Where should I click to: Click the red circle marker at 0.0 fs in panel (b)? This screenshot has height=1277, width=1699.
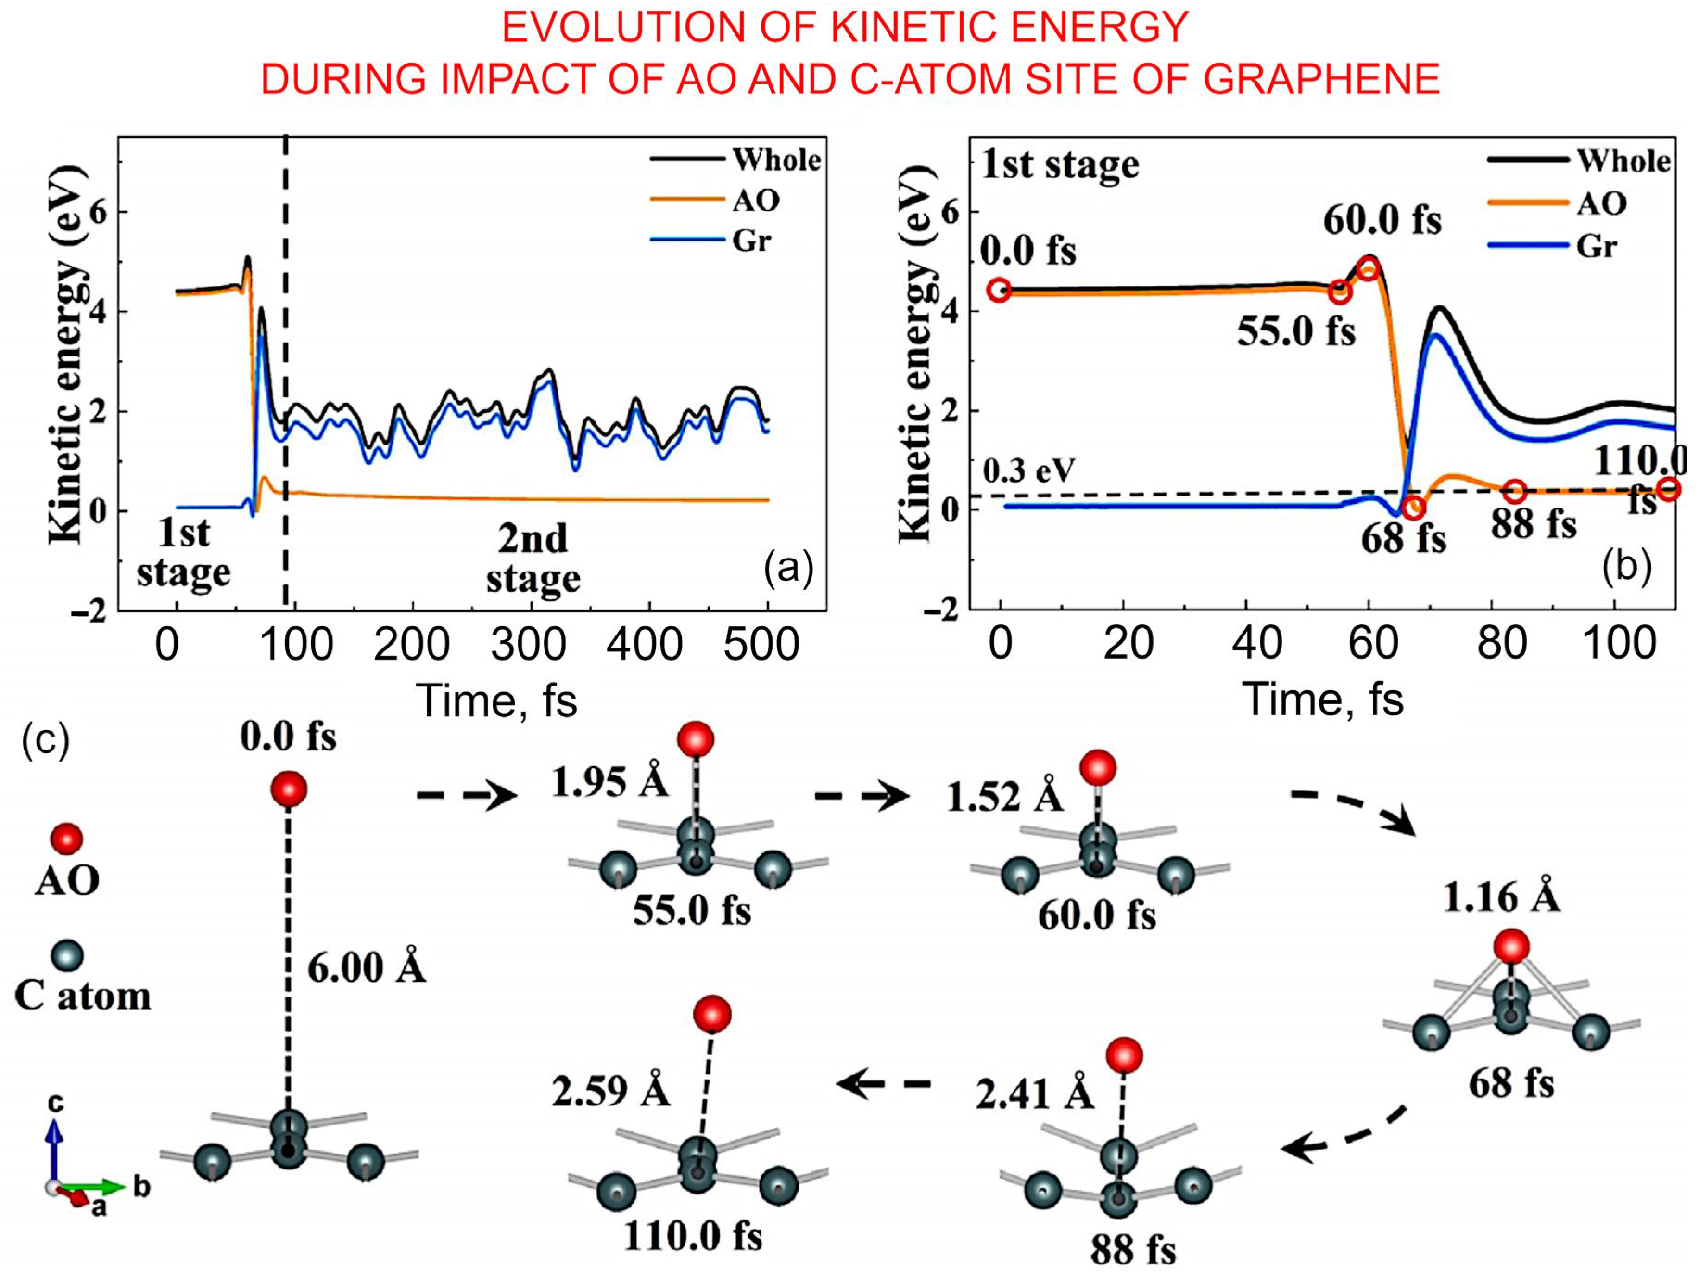(999, 291)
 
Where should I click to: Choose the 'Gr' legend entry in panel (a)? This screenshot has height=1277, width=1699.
(750, 241)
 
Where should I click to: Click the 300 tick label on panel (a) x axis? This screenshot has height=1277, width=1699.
(528, 644)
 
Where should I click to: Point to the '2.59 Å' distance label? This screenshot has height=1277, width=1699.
(611, 1090)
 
